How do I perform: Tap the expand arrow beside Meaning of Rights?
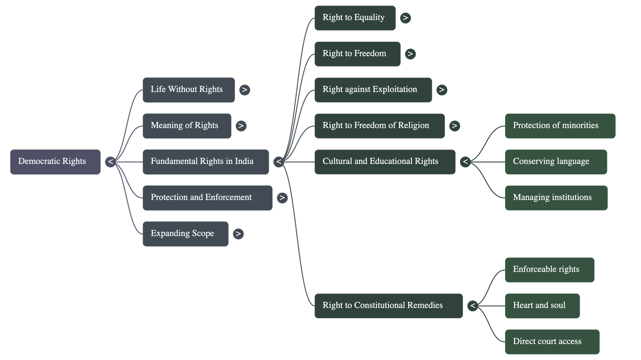tap(241, 126)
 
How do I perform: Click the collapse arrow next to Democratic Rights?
tap(111, 162)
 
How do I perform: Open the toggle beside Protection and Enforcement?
tap(282, 198)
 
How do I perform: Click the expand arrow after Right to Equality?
tap(405, 18)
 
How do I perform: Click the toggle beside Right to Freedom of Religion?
tap(454, 126)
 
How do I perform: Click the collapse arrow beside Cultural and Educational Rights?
tap(465, 162)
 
